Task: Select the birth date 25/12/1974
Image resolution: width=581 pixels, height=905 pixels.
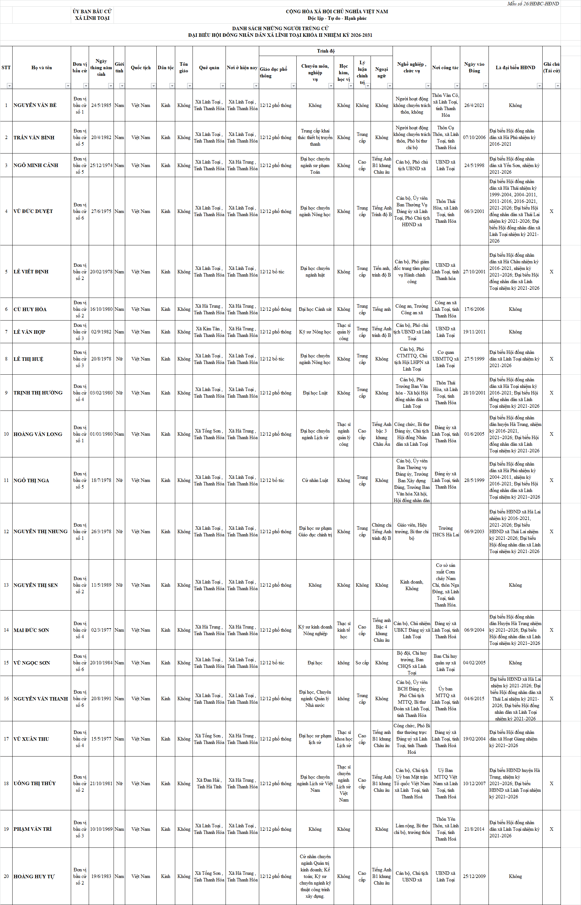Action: (101, 165)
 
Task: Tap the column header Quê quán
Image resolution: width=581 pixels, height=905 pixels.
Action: (209, 68)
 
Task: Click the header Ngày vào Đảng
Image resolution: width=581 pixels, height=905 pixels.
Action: (474, 68)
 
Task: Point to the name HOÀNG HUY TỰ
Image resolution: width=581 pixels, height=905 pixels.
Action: (34, 876)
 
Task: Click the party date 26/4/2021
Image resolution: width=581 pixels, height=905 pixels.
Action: (474, 105)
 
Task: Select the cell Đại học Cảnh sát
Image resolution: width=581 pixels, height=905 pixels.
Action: (315, 309)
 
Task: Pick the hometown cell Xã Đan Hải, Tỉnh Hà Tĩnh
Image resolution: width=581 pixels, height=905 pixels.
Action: (209, 784)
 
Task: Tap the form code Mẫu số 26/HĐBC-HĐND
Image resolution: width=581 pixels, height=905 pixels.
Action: (533, 4)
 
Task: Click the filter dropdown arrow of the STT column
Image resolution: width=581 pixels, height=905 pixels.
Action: (9, 86)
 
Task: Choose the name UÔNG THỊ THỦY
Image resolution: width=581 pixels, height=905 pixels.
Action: (35, 784)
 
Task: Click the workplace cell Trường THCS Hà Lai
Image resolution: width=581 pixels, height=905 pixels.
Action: (445, 531)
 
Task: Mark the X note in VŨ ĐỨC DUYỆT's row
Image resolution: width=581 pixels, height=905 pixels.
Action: (551, 211)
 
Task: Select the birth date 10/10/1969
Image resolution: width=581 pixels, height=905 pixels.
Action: (101, 829)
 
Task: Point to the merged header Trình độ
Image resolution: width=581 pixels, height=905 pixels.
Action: (326, 51)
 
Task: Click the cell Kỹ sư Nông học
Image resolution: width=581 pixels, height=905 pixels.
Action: (315, 332)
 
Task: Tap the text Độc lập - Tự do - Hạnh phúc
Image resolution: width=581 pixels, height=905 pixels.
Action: (337, 18)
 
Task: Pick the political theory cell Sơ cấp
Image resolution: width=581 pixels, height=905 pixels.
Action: (362, 663)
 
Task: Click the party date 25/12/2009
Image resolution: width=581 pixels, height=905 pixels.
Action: (474, 876)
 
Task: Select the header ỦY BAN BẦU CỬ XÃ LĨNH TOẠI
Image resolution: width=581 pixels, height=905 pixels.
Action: (92, 15)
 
